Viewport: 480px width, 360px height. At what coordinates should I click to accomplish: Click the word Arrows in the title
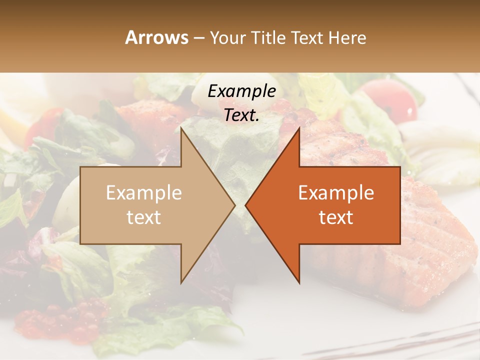pos(156,37)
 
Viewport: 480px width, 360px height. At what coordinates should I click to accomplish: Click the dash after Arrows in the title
pos(199,38)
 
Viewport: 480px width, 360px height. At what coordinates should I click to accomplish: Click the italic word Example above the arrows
pos(241,91)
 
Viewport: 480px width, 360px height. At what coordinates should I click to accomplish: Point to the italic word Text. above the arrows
pos(241,115)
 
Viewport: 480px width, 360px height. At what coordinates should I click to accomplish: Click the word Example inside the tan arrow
pos(144,192)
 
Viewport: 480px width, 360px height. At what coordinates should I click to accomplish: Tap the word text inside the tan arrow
pos(144,217)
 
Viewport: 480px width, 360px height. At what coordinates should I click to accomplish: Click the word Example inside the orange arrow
pos(336,192)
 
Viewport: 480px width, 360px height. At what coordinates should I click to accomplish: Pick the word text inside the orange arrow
pos(336,217)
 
